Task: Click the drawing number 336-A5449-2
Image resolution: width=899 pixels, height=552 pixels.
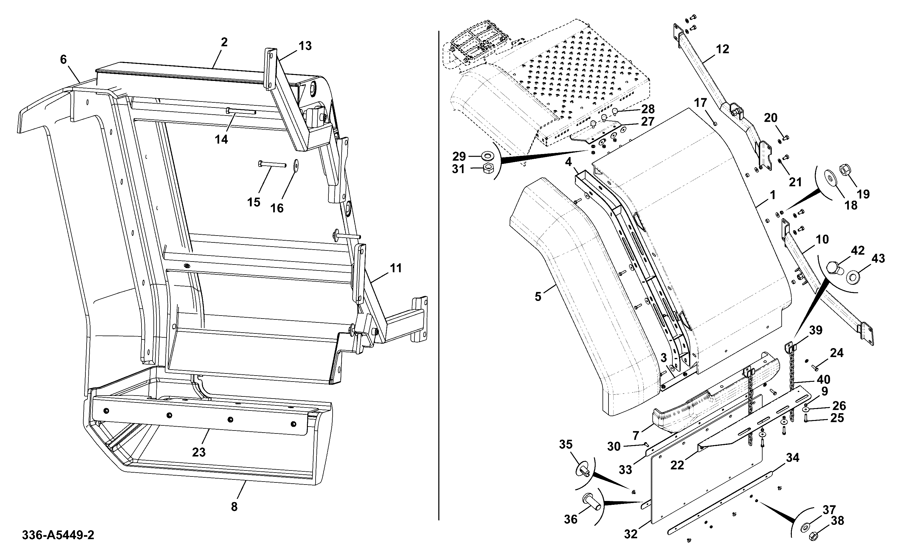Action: (58, 535)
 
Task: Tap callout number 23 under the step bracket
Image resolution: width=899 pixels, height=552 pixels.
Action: (199, 452)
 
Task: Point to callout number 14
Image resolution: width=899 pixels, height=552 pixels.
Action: (221, 139)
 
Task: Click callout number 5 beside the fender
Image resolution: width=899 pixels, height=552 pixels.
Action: (538, 297)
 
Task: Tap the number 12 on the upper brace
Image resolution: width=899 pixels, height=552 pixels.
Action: (723, 49)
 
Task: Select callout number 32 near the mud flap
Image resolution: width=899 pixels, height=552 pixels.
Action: (631, 534)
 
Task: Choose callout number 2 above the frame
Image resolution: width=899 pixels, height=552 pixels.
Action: (224, 42)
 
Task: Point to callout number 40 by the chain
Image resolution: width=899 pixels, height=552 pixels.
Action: (824, 379)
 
